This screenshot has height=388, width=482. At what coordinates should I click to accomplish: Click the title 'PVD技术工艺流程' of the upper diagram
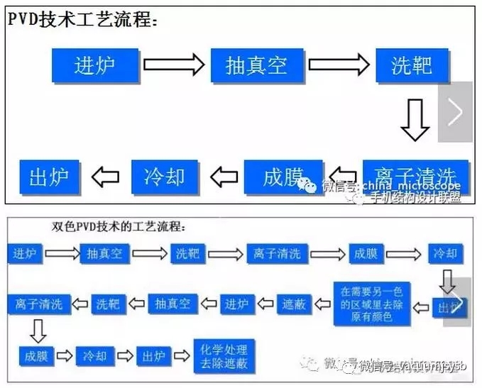(82, 19)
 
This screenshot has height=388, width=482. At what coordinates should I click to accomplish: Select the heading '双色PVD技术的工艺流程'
(118, 228)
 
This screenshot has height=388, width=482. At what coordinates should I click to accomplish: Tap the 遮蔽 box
(293, 304)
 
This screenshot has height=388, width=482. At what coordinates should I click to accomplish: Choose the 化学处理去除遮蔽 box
(224, 356)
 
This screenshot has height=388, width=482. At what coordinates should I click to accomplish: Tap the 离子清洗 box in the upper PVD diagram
(415, 176)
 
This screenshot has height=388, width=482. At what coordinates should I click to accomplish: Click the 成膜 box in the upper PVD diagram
(283, 177)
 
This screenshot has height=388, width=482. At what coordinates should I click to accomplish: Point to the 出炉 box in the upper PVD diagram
(49, 177)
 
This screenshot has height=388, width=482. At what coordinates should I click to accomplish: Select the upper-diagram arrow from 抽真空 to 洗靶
(338, 65)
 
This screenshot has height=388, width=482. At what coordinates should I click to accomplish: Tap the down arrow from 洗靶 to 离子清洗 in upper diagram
(415, 121)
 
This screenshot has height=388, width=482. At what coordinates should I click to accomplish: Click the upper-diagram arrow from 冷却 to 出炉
(106, 177)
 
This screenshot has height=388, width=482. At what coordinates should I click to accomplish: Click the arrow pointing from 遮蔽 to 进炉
(264, 304)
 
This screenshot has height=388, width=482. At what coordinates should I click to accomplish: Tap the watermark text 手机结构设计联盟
(416, 199)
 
